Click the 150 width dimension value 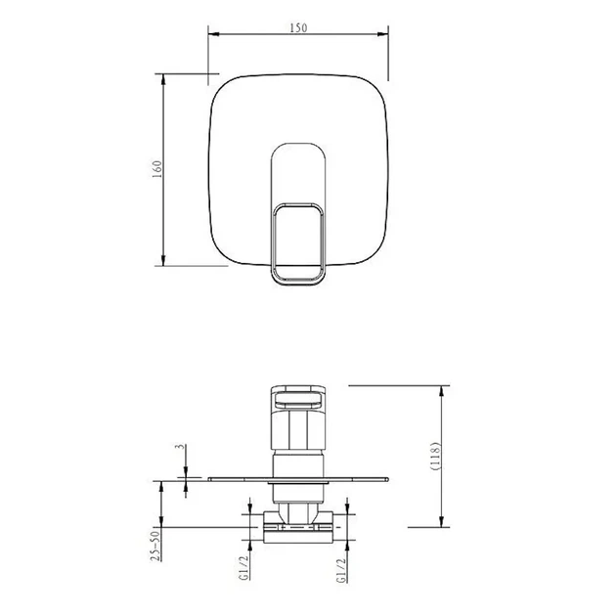click(x=298, y=28)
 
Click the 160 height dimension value click(x=156, y=169)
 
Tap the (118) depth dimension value click(x=436, y=456)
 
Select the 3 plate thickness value click(x=180, y=447)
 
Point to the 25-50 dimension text click(x=156, y=546)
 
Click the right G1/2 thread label click(x=341, y=570)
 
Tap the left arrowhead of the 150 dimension click(x=213, y=34)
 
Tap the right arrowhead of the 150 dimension click(x=383, y=34)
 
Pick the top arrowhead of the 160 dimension click(x=163, y=79)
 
